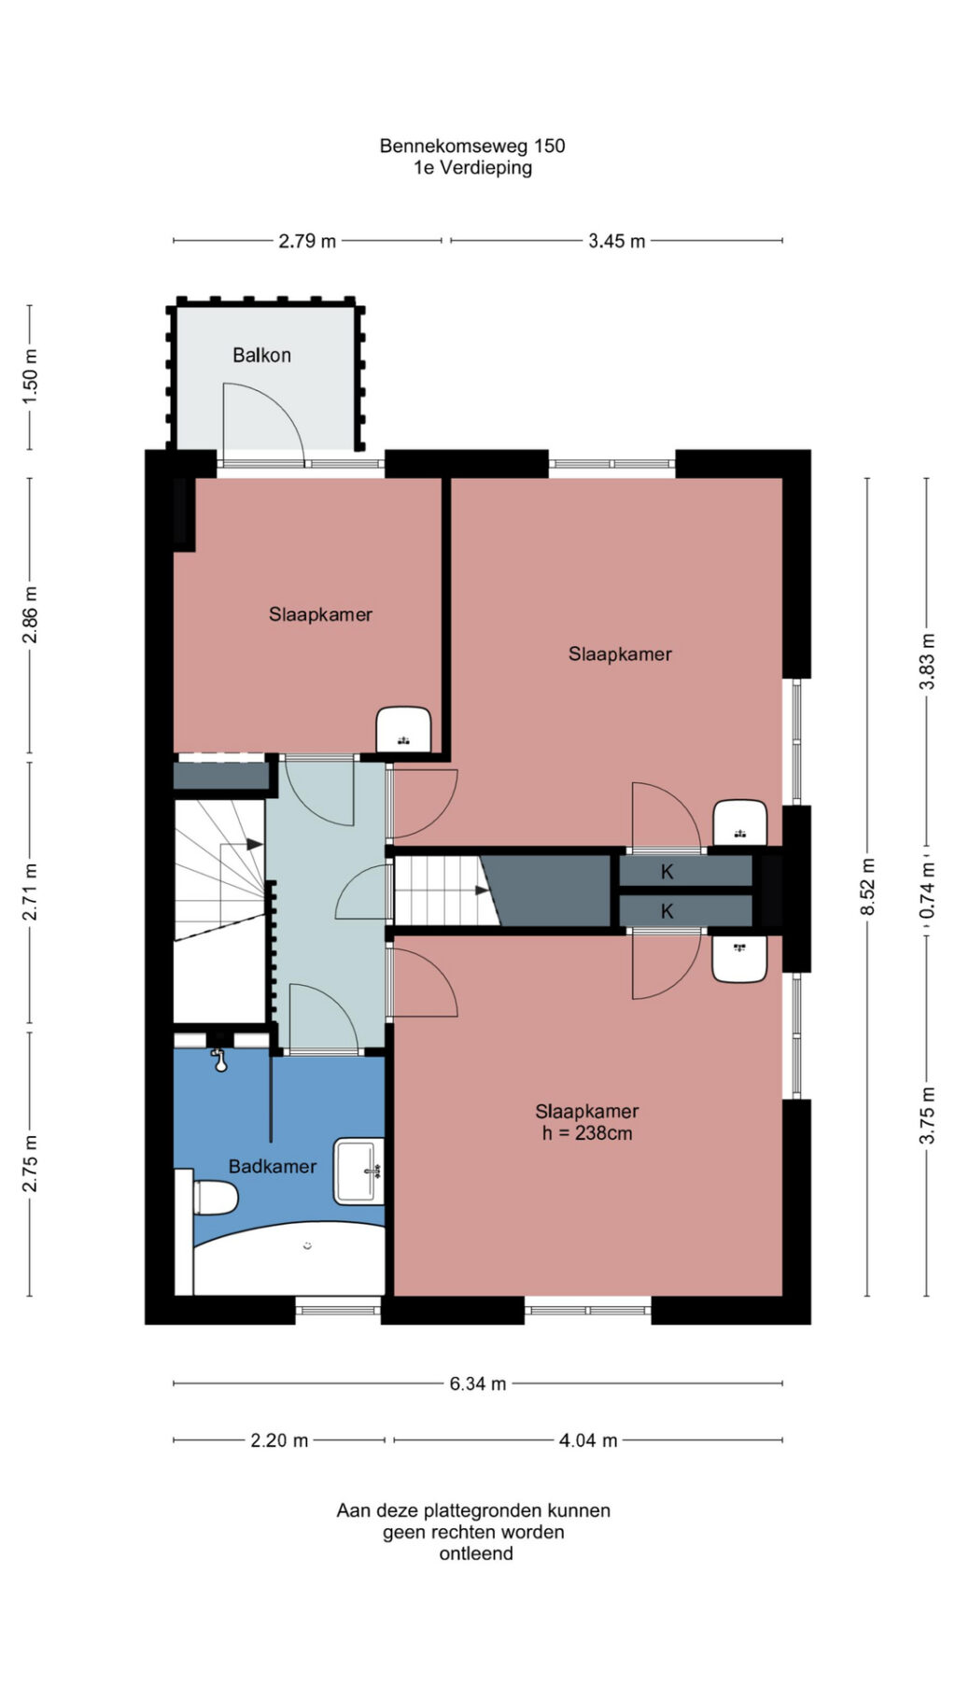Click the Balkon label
[261, 355]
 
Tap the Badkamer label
[273, 1166]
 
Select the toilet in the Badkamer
[214, 1198]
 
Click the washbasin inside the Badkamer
[358, 1171]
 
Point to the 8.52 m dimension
[868, 887]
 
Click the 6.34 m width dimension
[478, 1383]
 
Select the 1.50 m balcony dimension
[30, 375]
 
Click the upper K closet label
[668, 872]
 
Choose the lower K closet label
[668, 911]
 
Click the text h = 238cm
[587, 1133]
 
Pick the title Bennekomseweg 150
[472, 146]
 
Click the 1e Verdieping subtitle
[473, 168]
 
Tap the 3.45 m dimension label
[617, 241]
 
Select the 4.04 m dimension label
[588, 1440]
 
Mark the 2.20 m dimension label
[279, 1440]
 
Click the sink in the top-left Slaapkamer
[403, 729]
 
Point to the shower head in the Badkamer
[220, 1060]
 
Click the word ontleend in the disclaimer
[476, 1554]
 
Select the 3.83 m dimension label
[927, 662]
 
